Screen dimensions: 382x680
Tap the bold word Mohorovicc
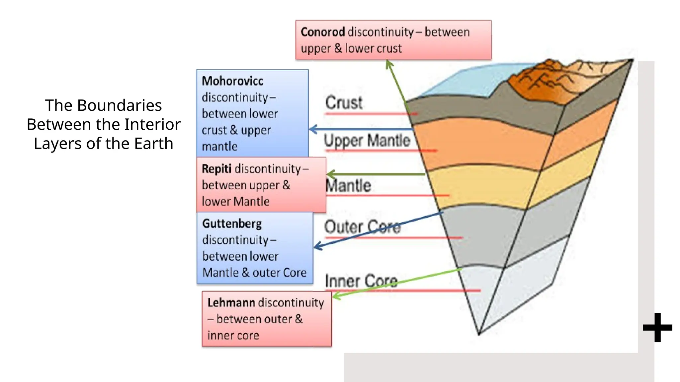coord(232,81)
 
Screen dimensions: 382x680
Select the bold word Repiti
coord(216,169)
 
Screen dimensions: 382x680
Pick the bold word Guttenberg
coord(232,224)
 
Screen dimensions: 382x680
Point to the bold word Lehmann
coord(231,303)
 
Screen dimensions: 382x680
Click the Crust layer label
coord(344,103)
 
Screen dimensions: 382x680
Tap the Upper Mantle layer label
coord(367,140)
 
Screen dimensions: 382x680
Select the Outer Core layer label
coord(362,227)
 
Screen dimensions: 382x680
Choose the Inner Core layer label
coord(361,281)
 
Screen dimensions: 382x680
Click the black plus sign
coord(657,328)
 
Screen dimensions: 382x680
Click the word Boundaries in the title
coord(120,105)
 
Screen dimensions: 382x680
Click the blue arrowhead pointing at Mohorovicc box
coord(312,129)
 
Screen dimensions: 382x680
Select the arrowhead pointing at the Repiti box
coord(330,174)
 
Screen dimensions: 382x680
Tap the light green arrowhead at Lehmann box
coord(336,295)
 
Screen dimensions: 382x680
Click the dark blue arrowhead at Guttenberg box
coord(317,246)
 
